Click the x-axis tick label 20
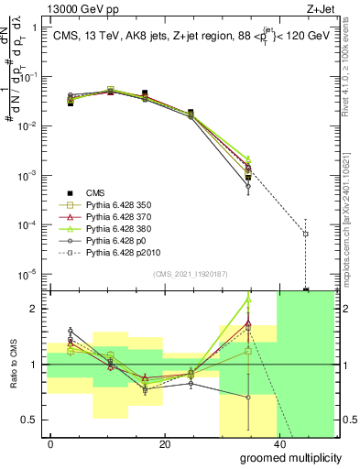pos(164,443)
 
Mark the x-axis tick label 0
pos(50,443)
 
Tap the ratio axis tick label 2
pos(34,309)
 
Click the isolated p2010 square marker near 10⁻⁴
pos(305,234)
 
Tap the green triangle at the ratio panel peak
pos(248,300)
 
